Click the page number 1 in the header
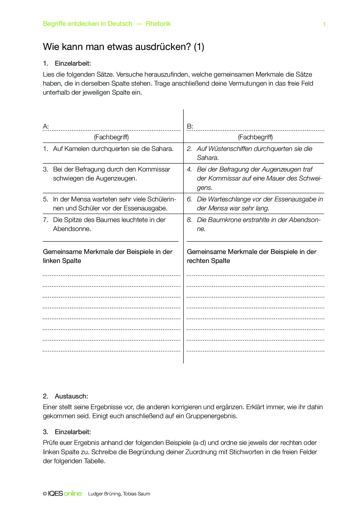coord(324,24)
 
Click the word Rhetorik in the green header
coord(158,24)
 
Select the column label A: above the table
coord(46,126)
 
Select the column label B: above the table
coord(190,126)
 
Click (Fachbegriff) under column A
coord(111,137)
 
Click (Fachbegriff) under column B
coord(255,137)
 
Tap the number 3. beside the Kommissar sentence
coord(46,169)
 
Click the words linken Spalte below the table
coord(62,261)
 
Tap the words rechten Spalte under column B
coord(208,261)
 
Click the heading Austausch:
coord(71,396)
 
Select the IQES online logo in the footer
coord(65,494)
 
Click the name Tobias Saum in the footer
coord(136,494)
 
